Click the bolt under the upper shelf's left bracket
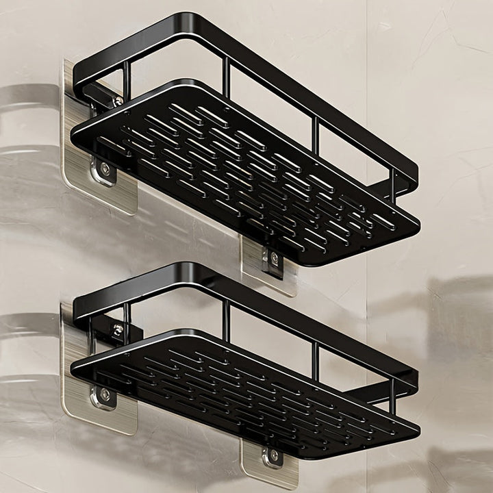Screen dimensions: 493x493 click(105, 168)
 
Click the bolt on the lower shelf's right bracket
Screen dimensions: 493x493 click(274, 455)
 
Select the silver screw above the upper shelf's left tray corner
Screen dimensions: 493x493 click(118, 101)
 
